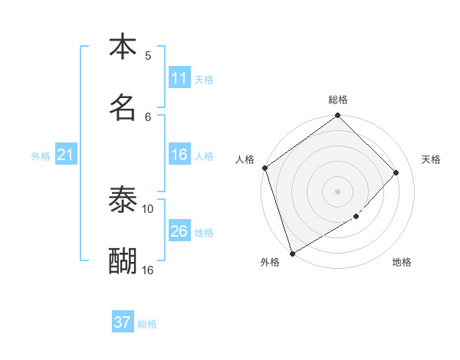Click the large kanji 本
click(123, 47)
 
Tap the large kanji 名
click(123, 107)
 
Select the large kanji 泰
click(123, 200)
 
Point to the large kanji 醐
click(123, 261)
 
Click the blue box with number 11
click(179, 78)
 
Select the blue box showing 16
click(179, 155)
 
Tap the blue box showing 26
click(179, 231)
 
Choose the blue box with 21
click(65, 155)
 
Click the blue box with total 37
click(122, 322)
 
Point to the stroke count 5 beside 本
click(148, 55)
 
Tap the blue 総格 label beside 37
click(147, 324)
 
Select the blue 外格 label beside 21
click(41, 156)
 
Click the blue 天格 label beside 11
click(204, 79)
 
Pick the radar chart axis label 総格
click(338, 100)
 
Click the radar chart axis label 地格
click(402, 263)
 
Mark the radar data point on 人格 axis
click(264, 168)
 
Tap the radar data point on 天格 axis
click(396, 172)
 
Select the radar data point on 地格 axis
click(356, 217)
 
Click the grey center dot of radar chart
click(337, 191)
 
